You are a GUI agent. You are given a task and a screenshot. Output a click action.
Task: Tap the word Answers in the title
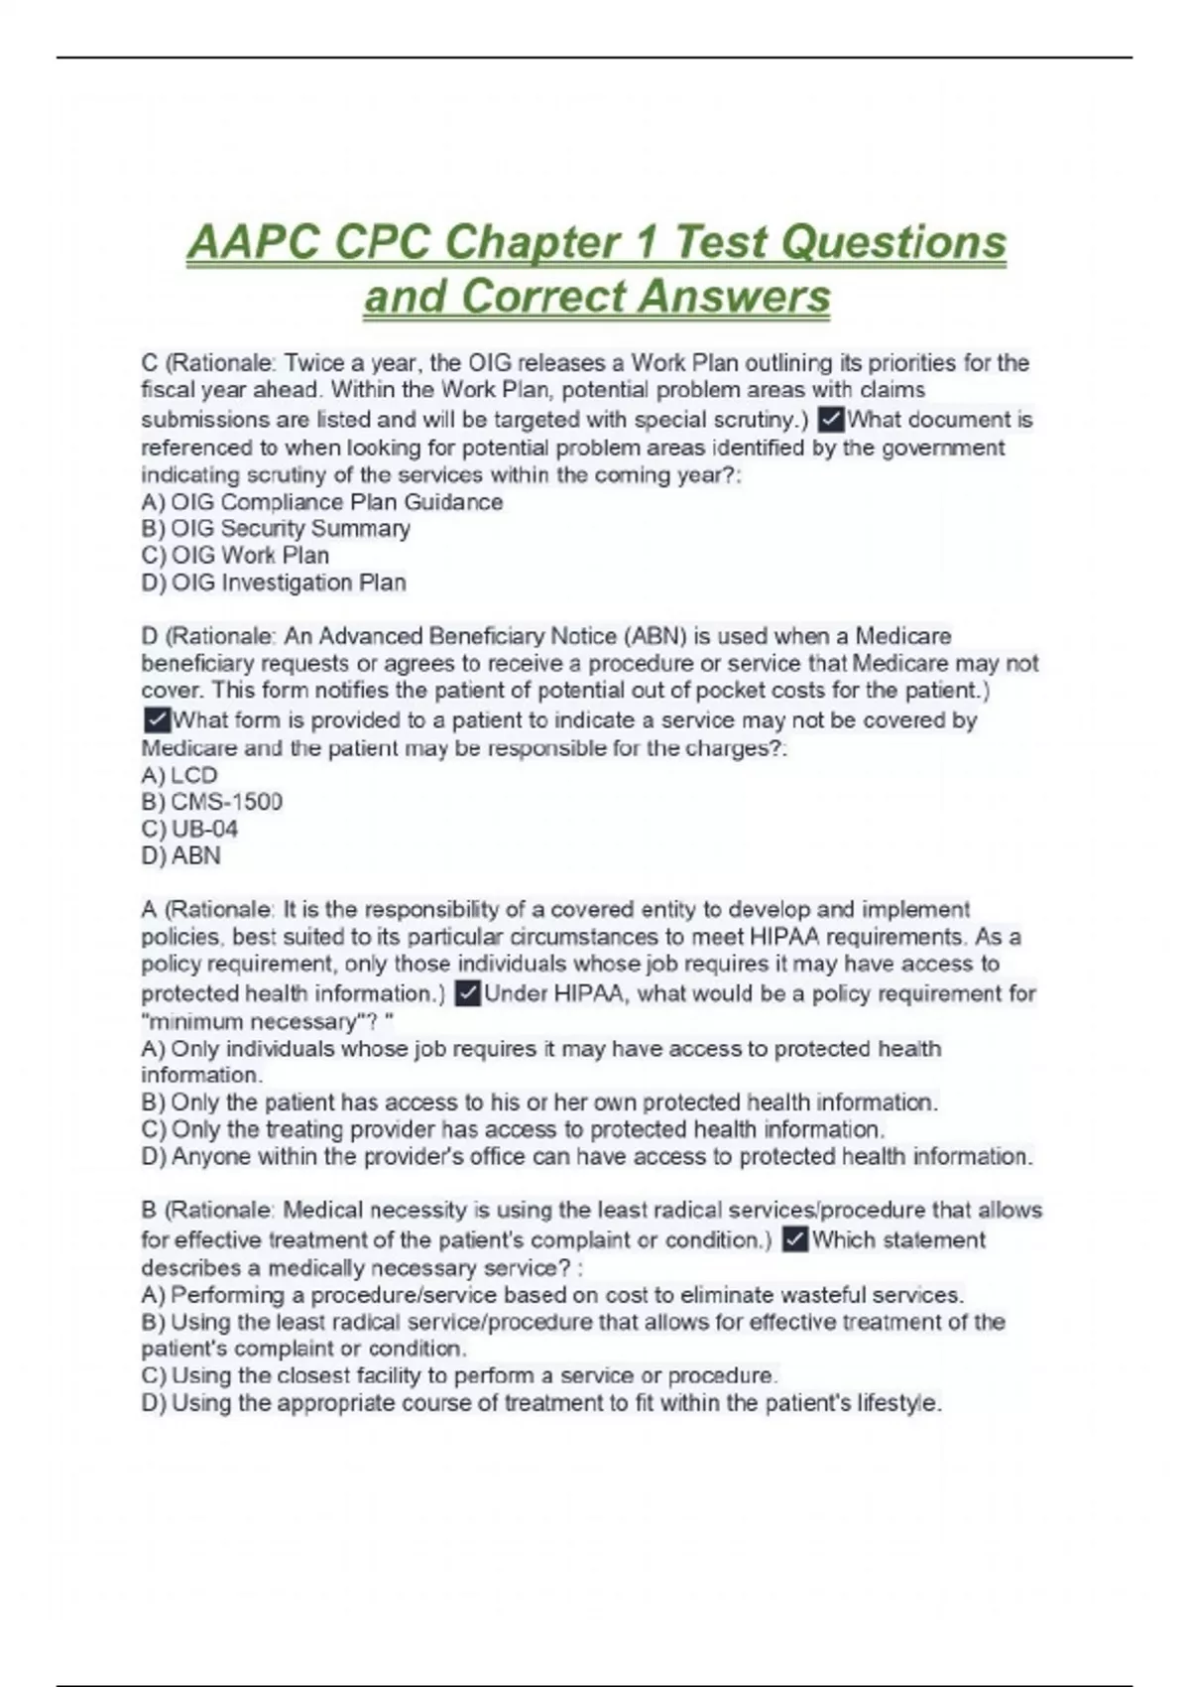(735, 297)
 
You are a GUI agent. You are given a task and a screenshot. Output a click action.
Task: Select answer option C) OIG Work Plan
(235, 556)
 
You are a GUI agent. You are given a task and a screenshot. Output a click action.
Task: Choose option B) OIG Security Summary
(276, 529)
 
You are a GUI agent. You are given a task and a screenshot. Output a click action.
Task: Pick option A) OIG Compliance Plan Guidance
(322, 502)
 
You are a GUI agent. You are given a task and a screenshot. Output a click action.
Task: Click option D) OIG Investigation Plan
(274, 583)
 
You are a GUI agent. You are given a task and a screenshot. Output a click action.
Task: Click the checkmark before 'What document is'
(831, 420)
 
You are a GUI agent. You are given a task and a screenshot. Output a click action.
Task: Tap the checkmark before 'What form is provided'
(157, 719)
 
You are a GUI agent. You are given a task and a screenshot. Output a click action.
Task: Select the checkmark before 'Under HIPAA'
(468, 993)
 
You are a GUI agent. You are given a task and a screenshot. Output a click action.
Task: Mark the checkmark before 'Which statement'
(795, 1239)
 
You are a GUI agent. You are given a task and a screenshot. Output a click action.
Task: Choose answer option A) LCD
(179, 775)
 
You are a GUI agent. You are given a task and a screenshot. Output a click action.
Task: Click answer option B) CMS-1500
(212, 802)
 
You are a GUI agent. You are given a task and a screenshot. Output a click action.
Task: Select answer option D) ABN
(181, 855)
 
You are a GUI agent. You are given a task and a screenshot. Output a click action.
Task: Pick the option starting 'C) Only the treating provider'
(513, 1129)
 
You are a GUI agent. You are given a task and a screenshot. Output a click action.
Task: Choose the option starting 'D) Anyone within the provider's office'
(586, 1156)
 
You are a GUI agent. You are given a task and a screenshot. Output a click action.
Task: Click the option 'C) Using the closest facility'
(458, 1376)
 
